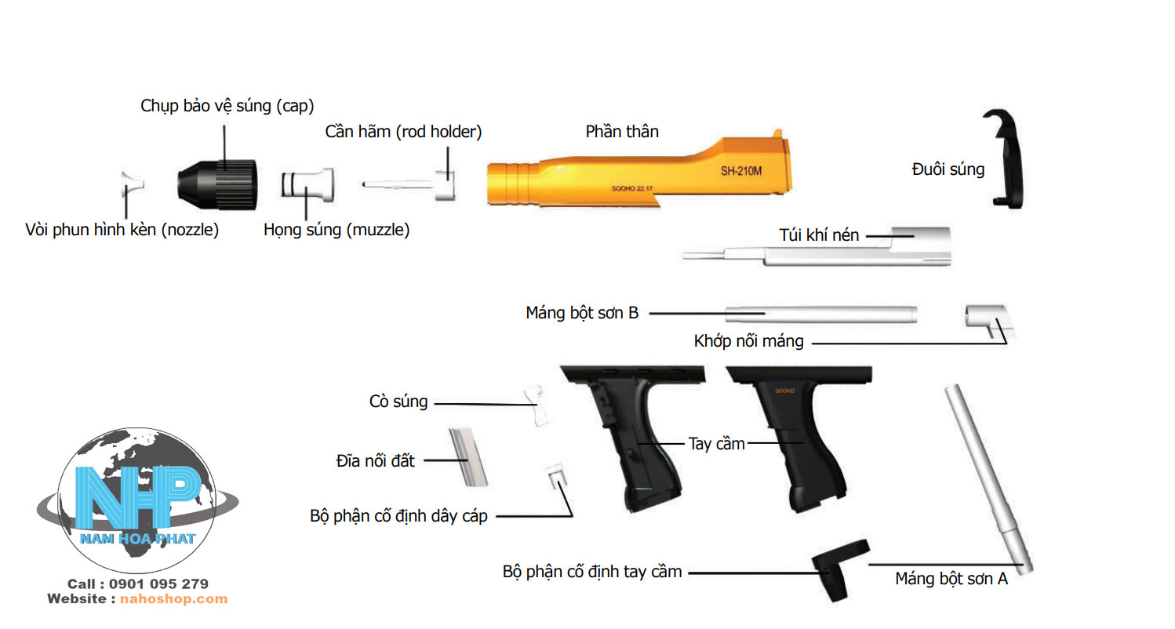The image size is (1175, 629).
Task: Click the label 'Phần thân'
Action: [622, 132]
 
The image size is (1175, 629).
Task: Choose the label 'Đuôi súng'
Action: [948, 169]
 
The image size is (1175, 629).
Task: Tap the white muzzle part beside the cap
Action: [308, 185]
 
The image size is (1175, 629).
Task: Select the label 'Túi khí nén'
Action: [819, 235]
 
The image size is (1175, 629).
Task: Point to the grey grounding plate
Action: [468, 456]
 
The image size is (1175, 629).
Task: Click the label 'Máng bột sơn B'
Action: [582, 313]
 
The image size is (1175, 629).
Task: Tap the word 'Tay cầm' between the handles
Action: [716, 443]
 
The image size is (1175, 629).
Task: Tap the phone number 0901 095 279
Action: [158, 584]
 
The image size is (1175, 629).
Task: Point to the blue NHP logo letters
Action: [137, 496]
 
